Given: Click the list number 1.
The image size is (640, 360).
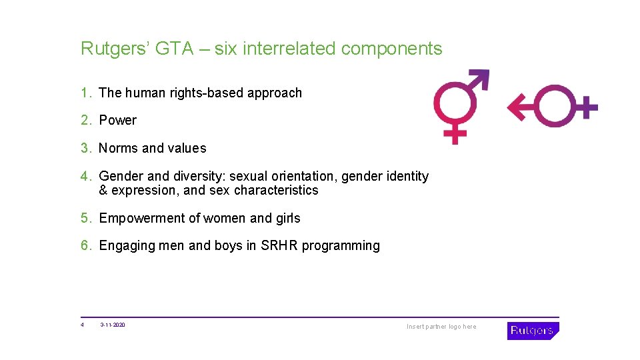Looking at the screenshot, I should point(85,93).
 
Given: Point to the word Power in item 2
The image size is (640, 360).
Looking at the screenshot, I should point(117,121).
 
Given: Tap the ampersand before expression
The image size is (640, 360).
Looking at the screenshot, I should point(103,191).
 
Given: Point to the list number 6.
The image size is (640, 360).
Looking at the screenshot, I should point(85,246).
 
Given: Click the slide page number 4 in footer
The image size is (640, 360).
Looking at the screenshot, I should point(82,325).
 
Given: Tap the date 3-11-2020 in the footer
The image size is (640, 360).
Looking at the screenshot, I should point(113,325).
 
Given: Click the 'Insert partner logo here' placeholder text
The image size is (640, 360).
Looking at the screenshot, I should point(441,327).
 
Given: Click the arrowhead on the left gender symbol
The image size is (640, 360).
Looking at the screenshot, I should point(481,77).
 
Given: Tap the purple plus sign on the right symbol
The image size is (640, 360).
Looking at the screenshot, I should point(585,106).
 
